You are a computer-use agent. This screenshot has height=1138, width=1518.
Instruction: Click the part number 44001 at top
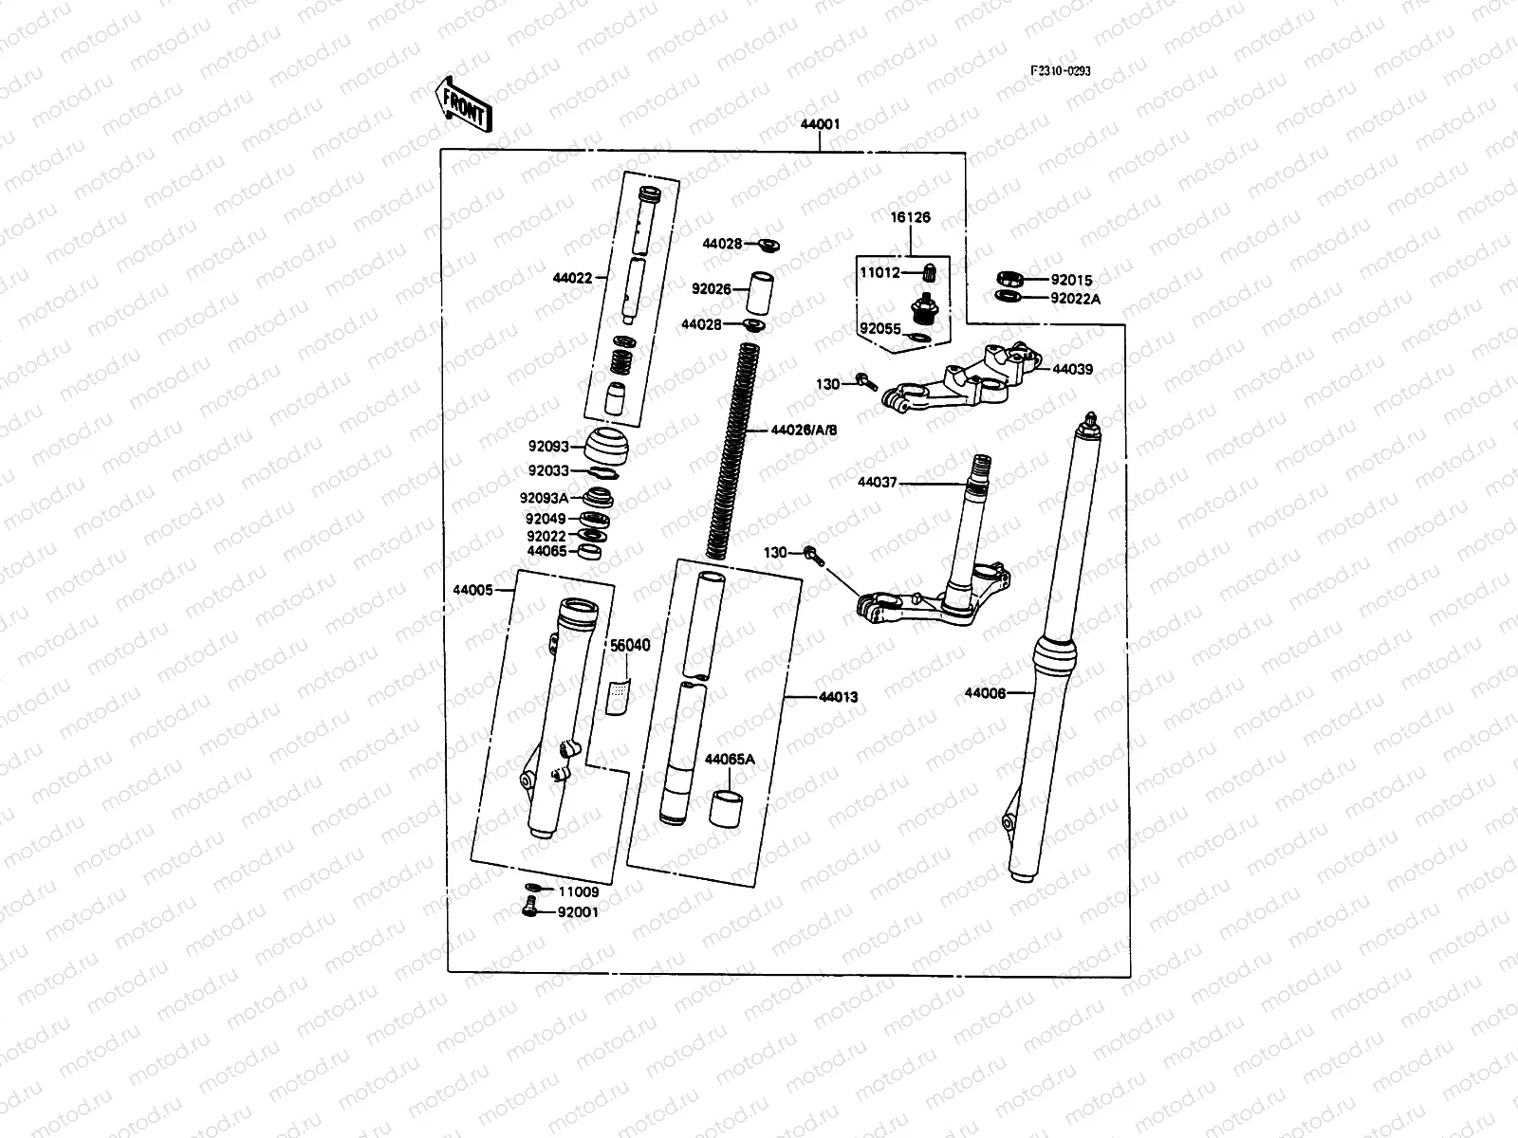coord(819,124)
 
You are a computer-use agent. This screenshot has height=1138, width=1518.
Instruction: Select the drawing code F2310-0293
coord(1062,71)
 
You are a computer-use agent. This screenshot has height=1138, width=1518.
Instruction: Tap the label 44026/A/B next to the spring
coord(804,431)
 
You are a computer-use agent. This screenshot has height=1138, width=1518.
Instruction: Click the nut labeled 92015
coord(1009,279)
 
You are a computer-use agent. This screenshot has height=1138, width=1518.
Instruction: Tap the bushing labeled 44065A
coord(726,807)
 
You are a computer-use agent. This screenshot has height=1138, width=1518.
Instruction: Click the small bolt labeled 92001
coord(529,910)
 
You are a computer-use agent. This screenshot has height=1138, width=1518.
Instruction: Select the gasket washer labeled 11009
coord(532,890)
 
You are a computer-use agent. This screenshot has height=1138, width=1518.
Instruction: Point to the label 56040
coord(629,646)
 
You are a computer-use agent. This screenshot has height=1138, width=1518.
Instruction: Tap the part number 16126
coord(910,217)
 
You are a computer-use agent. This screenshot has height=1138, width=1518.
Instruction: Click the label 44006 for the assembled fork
coord(984,693)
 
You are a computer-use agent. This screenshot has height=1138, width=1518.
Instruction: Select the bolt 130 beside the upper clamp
coord(866,382)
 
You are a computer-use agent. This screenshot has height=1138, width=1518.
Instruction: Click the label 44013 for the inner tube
coord(838,697)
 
